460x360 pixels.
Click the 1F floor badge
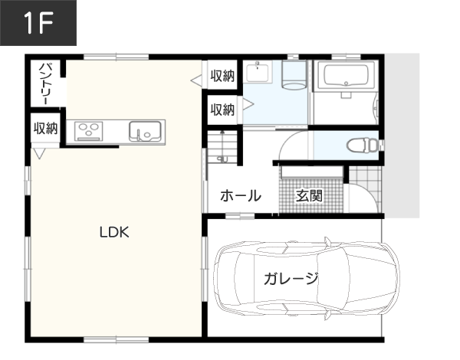38,22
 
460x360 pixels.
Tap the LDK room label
114,232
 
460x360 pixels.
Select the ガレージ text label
291,278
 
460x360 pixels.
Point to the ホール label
241,195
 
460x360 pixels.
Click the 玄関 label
309,195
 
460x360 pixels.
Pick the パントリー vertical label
46,83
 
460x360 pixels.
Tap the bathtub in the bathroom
346,75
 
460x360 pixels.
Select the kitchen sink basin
145,131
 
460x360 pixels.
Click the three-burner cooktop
89,131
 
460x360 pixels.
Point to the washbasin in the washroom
258,72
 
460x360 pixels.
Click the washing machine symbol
294,75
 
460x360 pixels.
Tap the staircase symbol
222,147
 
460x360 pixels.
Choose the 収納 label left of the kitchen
45,129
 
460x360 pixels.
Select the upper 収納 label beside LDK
222,76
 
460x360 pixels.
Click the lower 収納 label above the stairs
222,110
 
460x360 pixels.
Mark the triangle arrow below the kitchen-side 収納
39,154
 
